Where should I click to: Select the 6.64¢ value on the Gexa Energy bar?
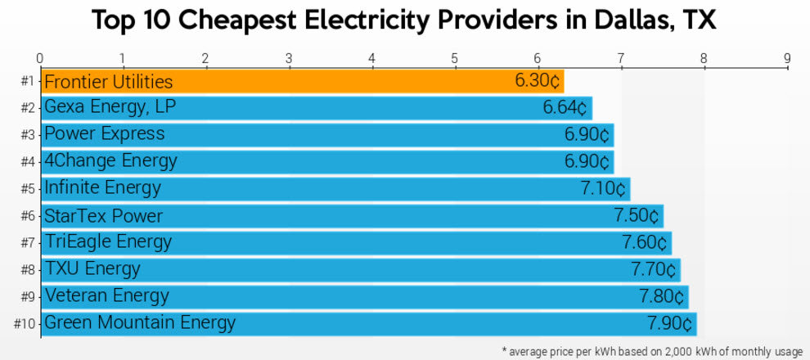565,108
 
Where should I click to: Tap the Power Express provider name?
104,134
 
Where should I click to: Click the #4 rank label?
28,162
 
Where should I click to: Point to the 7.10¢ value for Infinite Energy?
603,189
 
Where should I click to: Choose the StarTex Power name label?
103,216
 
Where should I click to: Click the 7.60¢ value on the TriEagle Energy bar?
645,243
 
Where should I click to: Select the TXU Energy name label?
92,269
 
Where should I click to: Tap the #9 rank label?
28,296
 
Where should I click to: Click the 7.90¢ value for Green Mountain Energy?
669,323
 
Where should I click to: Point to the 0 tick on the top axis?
39,58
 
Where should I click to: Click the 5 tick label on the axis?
454,58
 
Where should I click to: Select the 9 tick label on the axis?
786,58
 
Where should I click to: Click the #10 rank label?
25,323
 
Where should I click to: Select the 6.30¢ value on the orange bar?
537,81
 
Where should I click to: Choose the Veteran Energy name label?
106,296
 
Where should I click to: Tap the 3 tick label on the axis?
288,58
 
